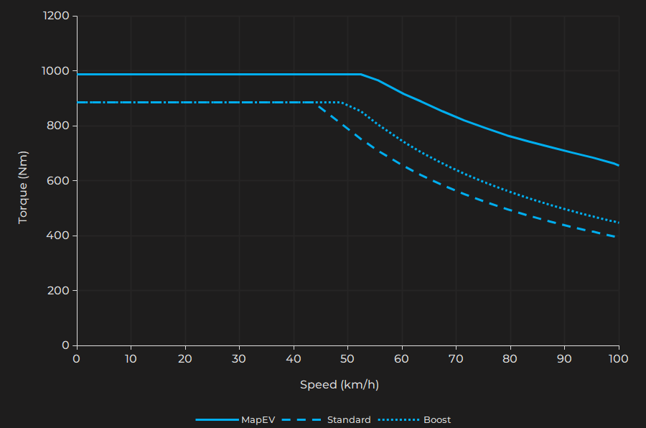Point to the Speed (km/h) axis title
point(340,385)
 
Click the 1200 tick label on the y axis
point(55,16)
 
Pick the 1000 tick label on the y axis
point(55,71)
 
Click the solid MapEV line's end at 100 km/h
point(618,165)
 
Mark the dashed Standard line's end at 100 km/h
point(618,237)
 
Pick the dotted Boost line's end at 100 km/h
point(618,222)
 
